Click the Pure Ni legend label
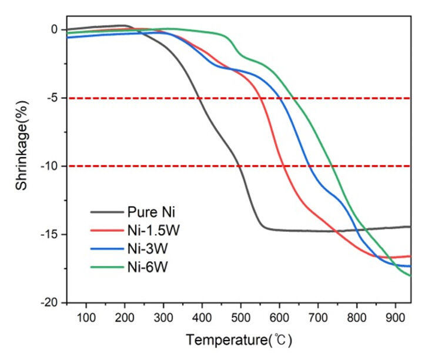(149, 211)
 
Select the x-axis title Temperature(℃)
(239, 340)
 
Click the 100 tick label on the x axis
(86, 318)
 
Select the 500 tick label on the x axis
(240, 318)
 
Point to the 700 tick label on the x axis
(318, 318)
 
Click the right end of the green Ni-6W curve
(410, 276)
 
